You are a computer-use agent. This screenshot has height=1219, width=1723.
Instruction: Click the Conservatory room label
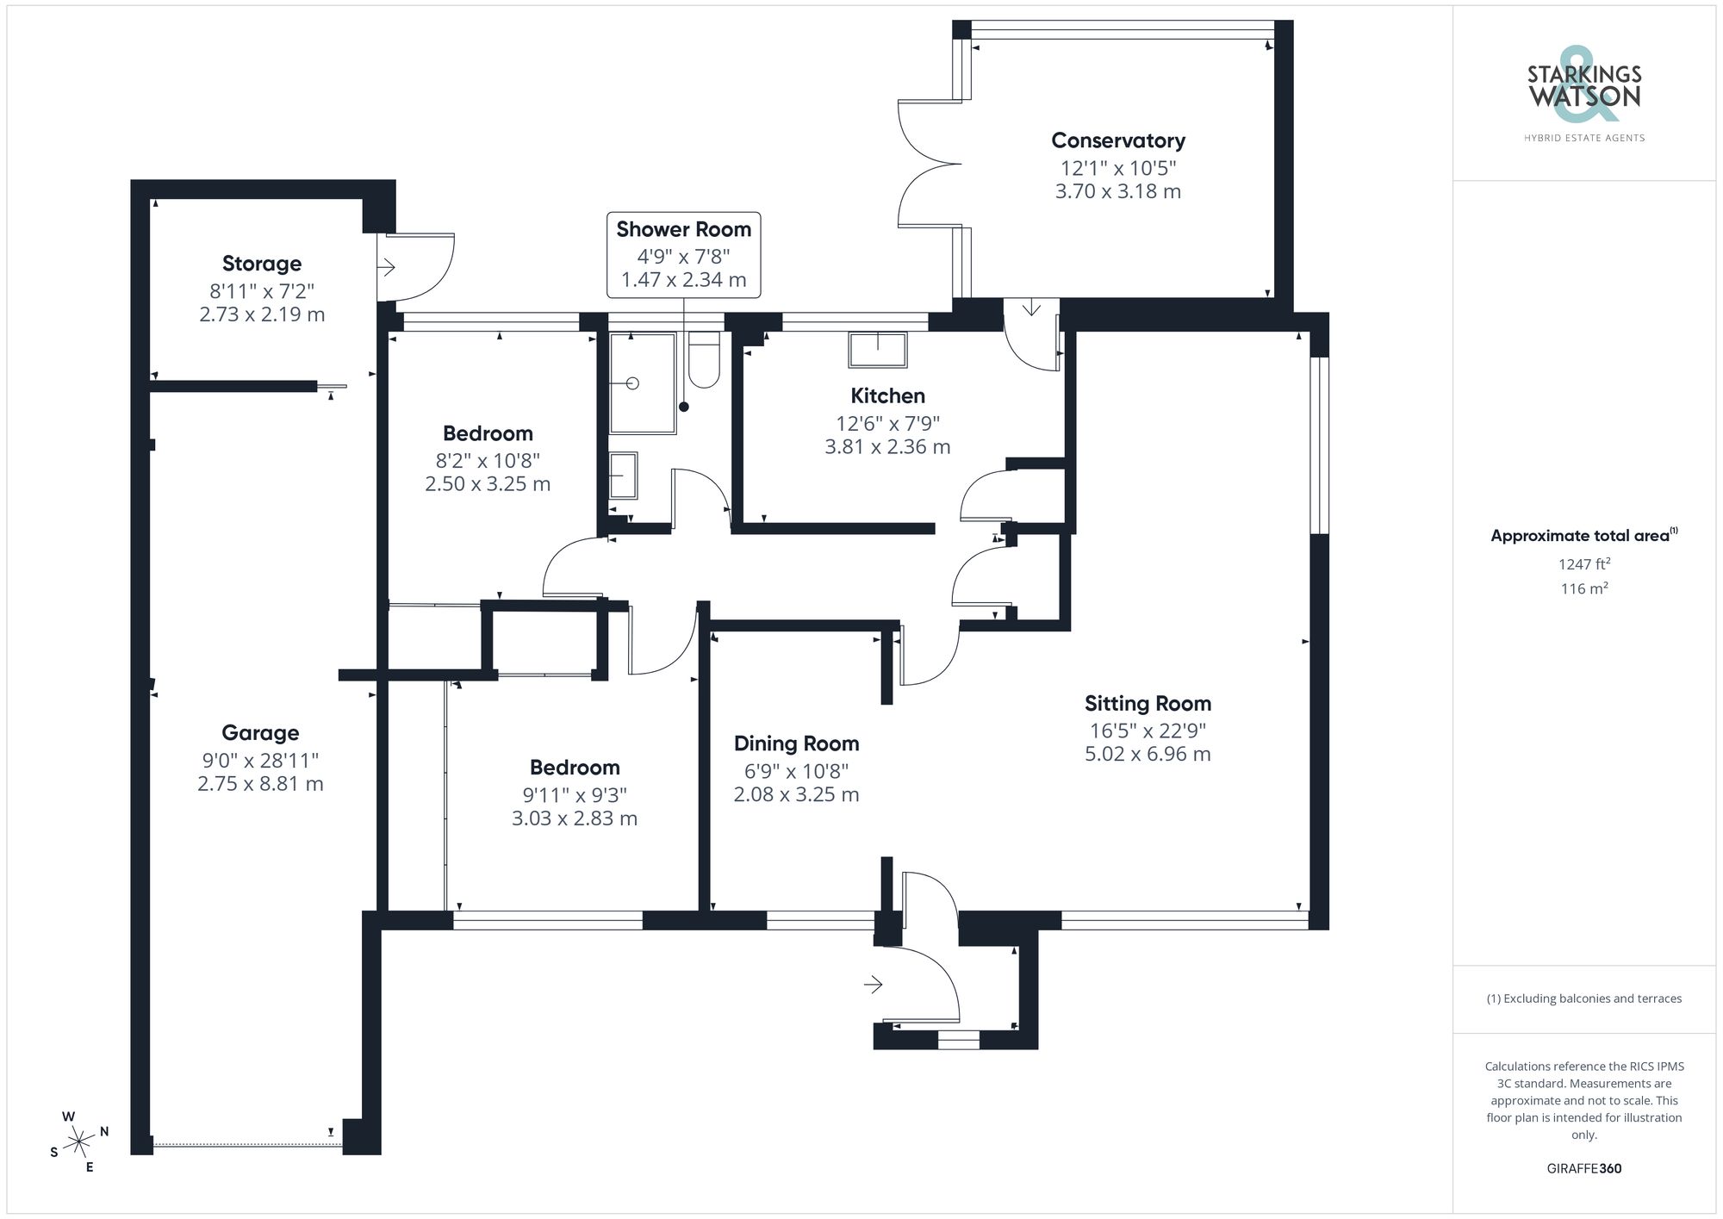(x=1117, y=140)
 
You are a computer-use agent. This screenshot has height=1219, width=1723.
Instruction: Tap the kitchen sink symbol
(x=877, y=350)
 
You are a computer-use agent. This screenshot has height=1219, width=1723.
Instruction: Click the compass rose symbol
(x=79, y=1142)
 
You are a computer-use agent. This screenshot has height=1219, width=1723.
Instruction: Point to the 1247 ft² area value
(x=1583, y=564)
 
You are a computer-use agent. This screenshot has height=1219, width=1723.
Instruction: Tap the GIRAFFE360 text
(x=1583, y=1168)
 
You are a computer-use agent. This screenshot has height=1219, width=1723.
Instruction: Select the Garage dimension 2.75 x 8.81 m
(x=260, y=784)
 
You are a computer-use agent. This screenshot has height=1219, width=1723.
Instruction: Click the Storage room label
(x=262, y=264)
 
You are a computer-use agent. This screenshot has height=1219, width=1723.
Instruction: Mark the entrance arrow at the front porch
(x=874, y=984)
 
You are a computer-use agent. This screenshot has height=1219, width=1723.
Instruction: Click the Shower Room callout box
(x=683, y=254)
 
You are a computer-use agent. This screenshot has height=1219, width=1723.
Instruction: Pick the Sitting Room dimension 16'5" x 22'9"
(x=1148, y=731)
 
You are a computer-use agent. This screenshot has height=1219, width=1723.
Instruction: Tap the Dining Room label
(x=796, y=743)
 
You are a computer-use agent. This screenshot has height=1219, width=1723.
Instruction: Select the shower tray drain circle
(x=632, y=383)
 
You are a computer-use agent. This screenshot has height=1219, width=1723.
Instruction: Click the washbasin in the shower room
(x=623, y=476)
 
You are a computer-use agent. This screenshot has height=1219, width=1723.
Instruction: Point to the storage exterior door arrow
(x=386, y=267)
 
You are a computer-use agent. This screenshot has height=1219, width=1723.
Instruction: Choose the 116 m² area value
(x=1583, y=588)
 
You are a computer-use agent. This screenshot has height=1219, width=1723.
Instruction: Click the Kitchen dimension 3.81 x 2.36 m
(x=887, y=447)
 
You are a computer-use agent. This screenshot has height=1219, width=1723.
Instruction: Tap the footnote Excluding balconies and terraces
(x=1583, y=998)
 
